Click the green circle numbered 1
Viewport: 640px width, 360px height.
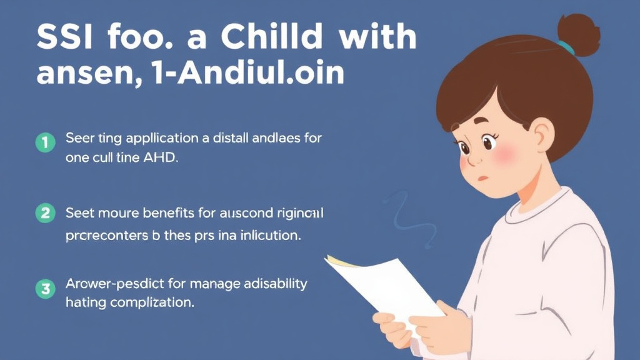tap(45, 143)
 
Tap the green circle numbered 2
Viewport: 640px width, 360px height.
tap(45, 214)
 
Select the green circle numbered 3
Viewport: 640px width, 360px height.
tap(45, 289)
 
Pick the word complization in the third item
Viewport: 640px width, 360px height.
tap(152, 304)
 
